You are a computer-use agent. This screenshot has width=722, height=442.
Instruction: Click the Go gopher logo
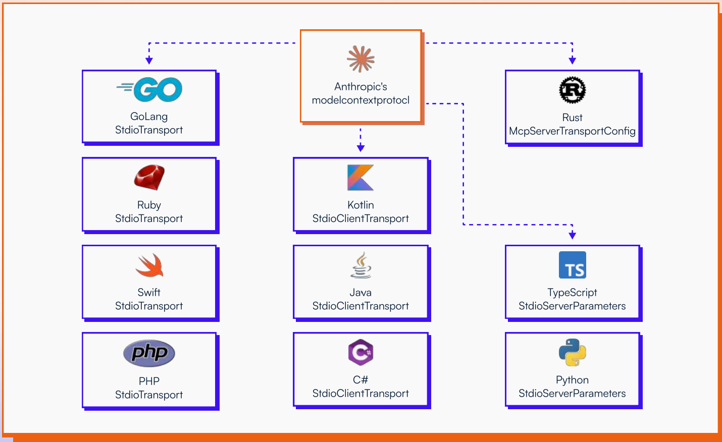(149, 90)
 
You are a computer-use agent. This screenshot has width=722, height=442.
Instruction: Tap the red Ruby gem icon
(149, 177)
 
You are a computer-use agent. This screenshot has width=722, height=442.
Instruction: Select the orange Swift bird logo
(149, 265)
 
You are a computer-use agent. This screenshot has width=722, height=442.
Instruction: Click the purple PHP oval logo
(149, 353)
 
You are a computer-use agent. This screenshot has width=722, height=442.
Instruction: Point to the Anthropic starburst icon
(360, 59)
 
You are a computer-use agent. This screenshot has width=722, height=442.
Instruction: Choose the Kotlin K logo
(360, 178)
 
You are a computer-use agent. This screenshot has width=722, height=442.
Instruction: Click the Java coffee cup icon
(360, 265)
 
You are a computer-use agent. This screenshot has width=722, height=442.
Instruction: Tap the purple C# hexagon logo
(360, 352)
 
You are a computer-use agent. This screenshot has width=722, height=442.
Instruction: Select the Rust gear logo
(572, 90)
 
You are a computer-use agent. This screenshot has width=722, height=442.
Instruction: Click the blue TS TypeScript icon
(572, 265)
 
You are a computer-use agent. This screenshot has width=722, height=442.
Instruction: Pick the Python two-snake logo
(572, 352)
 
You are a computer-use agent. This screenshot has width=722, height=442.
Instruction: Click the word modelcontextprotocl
(360, 100)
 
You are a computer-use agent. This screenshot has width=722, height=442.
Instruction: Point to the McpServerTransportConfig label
(572, 131)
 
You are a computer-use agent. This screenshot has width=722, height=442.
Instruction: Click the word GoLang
(149, 117)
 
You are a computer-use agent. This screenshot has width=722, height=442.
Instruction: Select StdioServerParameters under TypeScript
(572, 306)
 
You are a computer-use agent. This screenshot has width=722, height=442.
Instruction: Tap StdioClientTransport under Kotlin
(360, 218)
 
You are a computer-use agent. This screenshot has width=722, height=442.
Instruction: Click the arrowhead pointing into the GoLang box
(149, 61)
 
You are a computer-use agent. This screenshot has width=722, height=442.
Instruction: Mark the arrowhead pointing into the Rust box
(572, 61)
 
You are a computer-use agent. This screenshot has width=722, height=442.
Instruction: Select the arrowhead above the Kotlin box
(360, 148)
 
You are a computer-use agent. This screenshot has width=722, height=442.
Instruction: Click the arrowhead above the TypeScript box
(572, 235)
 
